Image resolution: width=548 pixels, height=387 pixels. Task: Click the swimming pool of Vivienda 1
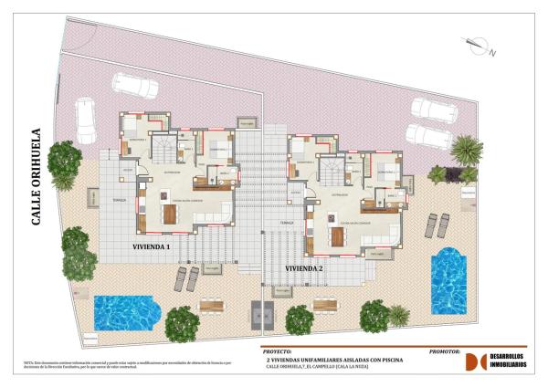127,313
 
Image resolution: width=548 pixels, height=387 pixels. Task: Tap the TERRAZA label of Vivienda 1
120,200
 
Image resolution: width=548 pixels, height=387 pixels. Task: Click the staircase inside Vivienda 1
165,145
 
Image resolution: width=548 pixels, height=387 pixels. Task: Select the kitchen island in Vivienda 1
170,214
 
